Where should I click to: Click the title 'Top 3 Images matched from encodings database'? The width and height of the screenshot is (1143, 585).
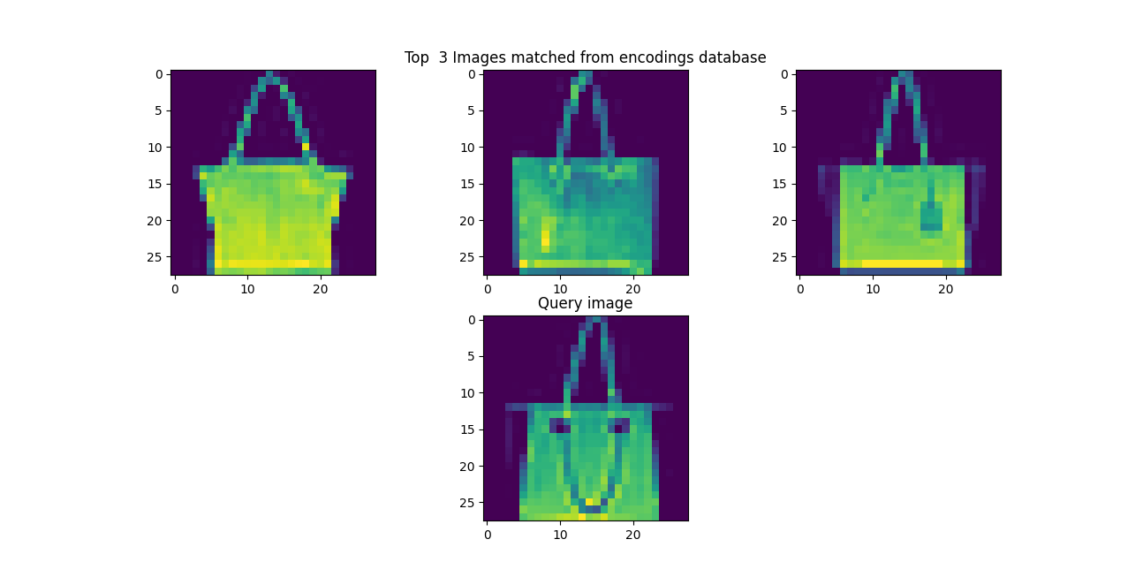585,57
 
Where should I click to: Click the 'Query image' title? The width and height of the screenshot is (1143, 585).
585,303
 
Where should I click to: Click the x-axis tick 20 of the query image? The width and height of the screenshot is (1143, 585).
633,535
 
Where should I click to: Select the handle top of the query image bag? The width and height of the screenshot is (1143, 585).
594,322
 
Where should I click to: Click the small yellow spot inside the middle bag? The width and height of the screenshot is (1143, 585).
545,239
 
